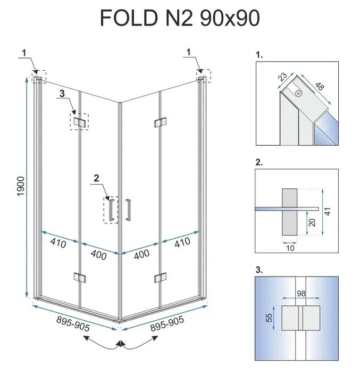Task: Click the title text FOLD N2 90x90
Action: [180, 18]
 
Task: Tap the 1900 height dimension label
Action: [21, 185]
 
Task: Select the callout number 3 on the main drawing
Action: [62, 94]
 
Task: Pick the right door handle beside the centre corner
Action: [128, 209]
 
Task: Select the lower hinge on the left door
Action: [80, 277]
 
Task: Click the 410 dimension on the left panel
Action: [58, 244]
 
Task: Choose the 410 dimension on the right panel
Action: [182, 244]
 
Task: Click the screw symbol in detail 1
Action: [298, 94]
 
